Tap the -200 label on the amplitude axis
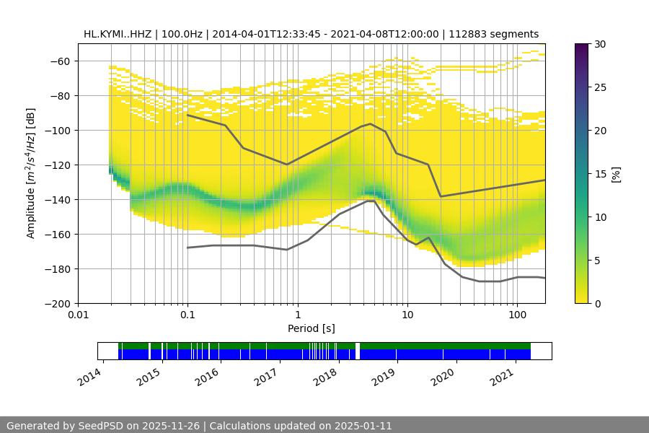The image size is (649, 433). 58,304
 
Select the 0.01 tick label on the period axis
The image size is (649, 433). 78,315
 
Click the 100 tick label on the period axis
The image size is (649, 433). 517,315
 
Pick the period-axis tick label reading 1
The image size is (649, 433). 297,315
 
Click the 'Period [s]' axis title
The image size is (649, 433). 311,328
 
